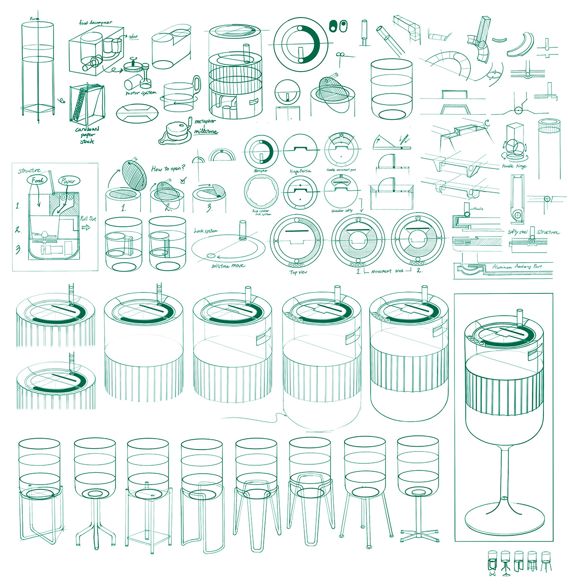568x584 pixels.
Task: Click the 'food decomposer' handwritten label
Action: tap(96, 22)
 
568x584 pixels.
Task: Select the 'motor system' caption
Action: tap(141, 93)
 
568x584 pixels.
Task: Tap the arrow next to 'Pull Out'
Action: tap(85, 228)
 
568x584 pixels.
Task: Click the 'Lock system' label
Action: tap(206, 231)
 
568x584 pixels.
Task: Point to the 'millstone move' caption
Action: tap(228, 266)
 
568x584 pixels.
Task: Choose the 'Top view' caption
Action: tap(298, 272)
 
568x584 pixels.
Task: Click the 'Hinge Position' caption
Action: tap(300, 171)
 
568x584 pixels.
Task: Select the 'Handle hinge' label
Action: tap(514, 166)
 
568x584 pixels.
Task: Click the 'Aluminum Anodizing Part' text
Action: tap(517, 267)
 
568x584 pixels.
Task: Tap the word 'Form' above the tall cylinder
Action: tap(35, 19)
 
